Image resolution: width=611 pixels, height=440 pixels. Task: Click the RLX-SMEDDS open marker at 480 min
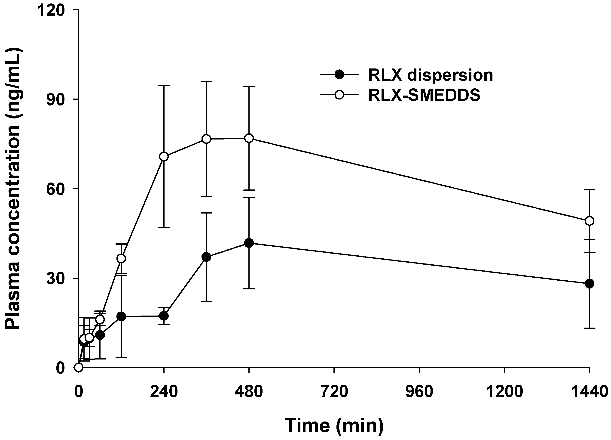249,138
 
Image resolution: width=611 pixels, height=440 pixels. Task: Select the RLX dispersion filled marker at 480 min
249,243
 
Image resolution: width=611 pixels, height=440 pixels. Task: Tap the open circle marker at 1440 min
590,221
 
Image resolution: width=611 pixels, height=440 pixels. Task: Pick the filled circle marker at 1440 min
590,284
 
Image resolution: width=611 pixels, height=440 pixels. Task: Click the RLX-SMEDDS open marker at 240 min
164,157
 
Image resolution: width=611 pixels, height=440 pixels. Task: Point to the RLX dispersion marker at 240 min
164,316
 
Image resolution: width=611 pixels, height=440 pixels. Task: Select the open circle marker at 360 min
206,139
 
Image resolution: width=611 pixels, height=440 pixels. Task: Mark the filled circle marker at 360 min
206,257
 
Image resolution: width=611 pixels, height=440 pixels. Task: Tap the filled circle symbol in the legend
340,74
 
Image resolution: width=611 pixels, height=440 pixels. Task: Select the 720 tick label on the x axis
334,391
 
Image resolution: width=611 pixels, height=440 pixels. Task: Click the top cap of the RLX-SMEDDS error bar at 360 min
206,81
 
